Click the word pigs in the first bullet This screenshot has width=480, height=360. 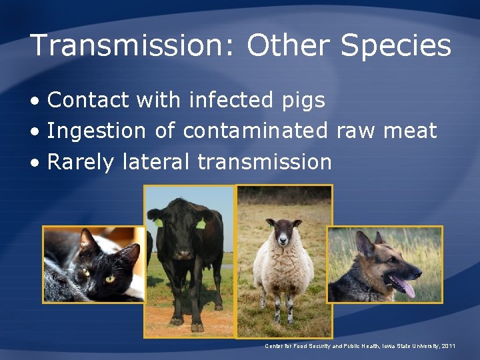point(300,100)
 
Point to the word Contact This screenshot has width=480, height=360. point(88,100)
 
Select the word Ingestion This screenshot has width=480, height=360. point(96,131)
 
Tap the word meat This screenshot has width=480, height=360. point(409,131)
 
